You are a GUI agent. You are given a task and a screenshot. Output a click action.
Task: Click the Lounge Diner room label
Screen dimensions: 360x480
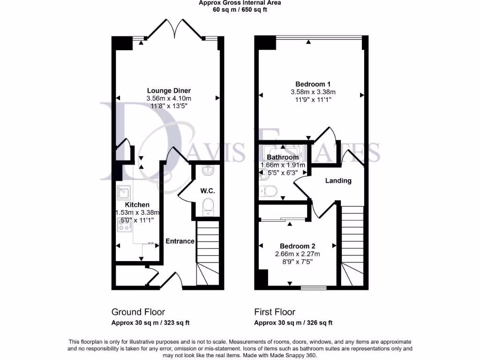169,90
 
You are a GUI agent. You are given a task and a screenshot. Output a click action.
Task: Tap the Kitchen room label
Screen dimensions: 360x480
137,204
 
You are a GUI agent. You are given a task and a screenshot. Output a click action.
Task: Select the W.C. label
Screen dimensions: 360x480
207,191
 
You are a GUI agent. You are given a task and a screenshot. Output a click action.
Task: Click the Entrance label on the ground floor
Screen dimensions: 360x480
180,241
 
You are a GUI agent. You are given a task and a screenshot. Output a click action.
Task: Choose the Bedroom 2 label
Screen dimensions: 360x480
297,246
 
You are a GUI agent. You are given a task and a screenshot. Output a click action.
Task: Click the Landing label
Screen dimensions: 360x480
338,180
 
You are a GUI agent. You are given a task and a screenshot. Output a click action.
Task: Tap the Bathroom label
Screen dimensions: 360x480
283,157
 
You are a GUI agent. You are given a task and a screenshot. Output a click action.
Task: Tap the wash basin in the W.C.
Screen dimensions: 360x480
207,172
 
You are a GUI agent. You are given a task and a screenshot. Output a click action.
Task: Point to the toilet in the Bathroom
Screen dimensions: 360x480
269,191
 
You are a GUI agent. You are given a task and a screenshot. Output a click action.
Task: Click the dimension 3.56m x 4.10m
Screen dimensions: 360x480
169,98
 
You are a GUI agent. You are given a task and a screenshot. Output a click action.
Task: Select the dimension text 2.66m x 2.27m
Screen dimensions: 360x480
297,254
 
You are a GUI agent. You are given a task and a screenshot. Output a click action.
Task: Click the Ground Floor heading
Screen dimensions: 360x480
138,312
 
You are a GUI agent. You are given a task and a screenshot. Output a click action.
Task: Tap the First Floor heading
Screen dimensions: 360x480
275,312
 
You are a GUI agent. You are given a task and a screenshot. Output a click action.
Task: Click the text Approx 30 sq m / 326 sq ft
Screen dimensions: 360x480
293,322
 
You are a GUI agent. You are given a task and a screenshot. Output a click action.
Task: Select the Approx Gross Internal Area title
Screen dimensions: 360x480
240,3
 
